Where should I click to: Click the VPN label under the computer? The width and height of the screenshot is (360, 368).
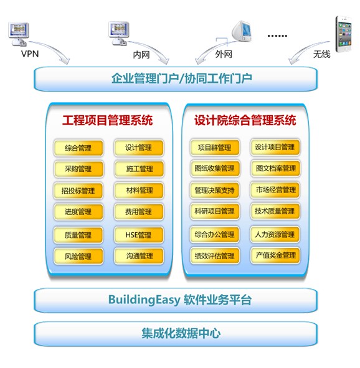tap(30, 54)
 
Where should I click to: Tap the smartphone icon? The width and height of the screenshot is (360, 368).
tap(343, 34)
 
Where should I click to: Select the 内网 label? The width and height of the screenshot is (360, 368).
tap(141, 55)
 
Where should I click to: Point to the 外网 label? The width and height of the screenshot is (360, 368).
tap(224, 54)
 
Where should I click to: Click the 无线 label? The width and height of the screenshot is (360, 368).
tap(322, 54)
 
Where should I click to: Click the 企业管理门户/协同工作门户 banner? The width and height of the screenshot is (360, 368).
tap(176, 78)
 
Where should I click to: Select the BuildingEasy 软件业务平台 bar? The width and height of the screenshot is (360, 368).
tap(176, 300)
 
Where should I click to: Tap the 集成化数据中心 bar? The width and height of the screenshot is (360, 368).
tap(176, 334)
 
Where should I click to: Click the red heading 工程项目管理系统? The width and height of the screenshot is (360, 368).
tap(108, 120)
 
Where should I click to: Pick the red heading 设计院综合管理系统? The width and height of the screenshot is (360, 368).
tap(245, 120)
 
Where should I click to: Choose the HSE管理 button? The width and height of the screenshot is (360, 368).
tap(139, 235)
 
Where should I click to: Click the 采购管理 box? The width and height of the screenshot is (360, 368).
tap(78, 169)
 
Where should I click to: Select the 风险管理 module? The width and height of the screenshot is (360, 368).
tap(78, 257)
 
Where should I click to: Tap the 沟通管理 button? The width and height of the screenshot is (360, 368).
tap(139, 256)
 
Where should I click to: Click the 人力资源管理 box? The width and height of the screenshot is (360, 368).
tap(275, 234)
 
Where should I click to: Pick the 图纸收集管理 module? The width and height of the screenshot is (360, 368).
tap(215, 168)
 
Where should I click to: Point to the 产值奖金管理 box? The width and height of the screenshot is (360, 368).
tap(275, 255)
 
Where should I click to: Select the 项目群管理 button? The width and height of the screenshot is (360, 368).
tap(215, 148)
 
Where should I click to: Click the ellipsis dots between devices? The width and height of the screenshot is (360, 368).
tap(277, 36)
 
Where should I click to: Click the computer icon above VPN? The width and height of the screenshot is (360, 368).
tap(18, 34)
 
